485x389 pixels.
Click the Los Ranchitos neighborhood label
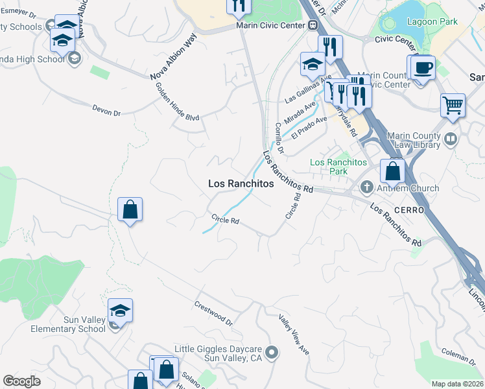tap(241, 184)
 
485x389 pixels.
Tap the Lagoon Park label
tap(432, 21)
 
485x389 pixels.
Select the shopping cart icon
tap(453, 104)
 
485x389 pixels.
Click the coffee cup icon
tap(422, 67)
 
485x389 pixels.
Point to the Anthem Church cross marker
tap(366, 188)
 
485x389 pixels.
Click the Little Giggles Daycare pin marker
tap(272, 353)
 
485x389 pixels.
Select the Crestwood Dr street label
tap(213, 312)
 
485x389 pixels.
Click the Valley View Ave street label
tap(294, 334)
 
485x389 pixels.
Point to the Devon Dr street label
tap(106, 111)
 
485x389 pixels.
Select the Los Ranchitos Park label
tap(338, 167)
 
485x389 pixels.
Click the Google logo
tap(21, 381)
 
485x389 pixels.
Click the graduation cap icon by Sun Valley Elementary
tap(120, 311)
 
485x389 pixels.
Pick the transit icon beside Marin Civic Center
tap(313, 25)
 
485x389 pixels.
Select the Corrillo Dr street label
tap(279, 137)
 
